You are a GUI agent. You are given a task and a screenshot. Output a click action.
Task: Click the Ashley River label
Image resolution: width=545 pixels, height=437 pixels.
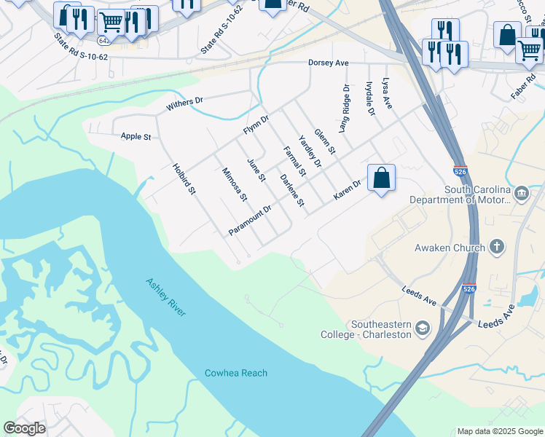pyautogui.click(x=166, y=297)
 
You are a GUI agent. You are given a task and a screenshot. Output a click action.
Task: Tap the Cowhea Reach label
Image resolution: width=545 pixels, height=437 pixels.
pyautogui.click(x=235, y=373)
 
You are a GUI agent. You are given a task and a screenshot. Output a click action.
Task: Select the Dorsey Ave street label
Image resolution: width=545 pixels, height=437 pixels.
pyautogui.click(x=328, y=63)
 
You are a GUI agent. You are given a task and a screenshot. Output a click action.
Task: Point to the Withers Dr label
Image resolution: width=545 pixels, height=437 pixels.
pyautogui.click(x=184, y=103)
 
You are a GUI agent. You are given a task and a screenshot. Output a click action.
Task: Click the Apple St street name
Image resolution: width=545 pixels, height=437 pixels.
pyautogui.click(x=136, y=136)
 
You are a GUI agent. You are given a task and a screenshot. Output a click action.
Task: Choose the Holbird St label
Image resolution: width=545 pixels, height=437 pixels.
pyautogui.click(x=184, y=178)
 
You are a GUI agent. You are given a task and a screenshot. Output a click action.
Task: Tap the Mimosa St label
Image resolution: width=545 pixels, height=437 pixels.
pyautogui.click(x=235, y=184)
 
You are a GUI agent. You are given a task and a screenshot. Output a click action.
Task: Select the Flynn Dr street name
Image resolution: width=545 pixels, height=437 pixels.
pyautogui.click(x=256, y=125)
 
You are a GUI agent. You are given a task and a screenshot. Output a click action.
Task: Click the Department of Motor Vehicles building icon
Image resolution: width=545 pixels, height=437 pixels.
pyautogui.click(x=522, y=194)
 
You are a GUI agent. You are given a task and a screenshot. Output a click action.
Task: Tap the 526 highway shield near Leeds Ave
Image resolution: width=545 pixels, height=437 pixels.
pyautogui.click(x=469, y=290)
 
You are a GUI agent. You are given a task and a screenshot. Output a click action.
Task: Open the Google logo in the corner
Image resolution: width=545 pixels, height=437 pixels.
pyautogui.click(x=24, y=428)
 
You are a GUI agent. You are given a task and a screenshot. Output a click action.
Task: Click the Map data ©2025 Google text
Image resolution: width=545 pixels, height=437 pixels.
pyautogui.click(x=499, y=431)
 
